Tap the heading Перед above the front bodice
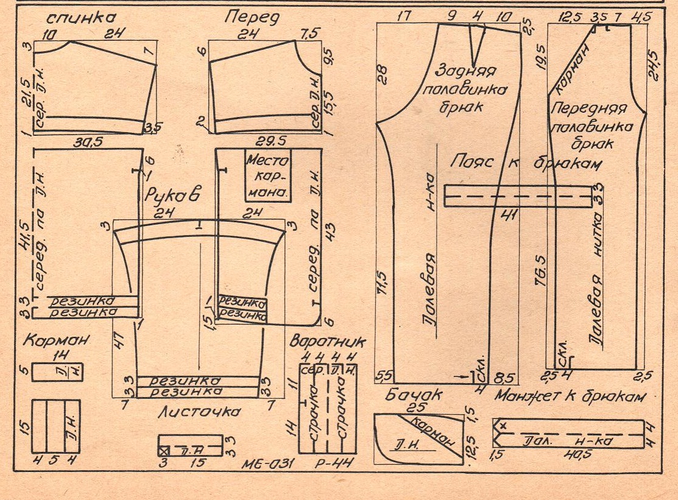tap(252, 16)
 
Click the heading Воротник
tap(328, 340)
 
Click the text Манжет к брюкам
tap(570, 396)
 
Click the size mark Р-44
tap(334, 463)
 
